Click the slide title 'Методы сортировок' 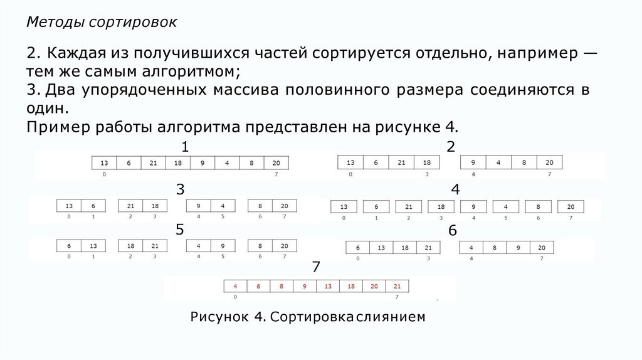(102, 23)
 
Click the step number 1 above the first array (185, 148)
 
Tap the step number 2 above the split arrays (450, 147)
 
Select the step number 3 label (180, 189)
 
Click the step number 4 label (455, 189)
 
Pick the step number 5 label (180, 230)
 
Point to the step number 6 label (453, 231)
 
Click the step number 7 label (316, 268)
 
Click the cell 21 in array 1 (154, 163)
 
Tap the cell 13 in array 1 (104, 163)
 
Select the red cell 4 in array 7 (235, 286)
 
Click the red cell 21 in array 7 (397, 286)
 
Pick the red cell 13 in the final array (327, 286)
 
